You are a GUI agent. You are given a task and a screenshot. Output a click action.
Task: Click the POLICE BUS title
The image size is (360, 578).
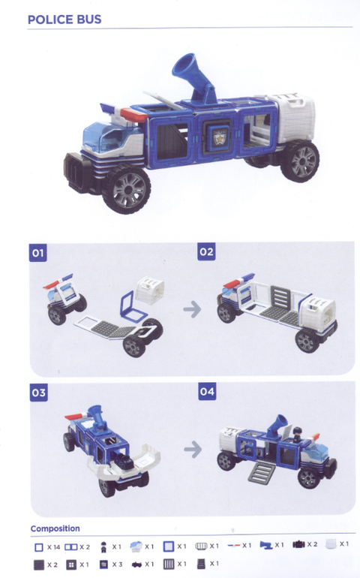(64, 20)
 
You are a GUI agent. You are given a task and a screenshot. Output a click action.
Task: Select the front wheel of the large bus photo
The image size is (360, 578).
(126, 189)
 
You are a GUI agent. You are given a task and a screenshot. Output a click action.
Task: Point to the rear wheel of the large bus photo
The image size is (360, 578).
(299, 161)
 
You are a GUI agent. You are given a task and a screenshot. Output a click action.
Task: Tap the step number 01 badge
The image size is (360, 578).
(38, 252)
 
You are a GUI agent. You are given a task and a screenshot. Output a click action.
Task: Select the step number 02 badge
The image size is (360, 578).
(206, 251)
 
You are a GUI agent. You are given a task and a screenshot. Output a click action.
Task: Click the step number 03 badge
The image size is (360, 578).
(39, 393)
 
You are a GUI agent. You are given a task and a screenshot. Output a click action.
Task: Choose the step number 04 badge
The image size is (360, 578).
(207, 392)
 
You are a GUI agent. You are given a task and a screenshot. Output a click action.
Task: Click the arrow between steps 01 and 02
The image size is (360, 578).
(192, 309)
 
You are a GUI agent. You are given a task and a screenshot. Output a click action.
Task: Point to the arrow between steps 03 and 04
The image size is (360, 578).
(193, 450)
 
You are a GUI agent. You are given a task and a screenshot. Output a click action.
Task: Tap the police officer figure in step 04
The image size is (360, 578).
(297, 435)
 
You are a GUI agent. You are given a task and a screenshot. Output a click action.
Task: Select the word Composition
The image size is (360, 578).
(55, 528)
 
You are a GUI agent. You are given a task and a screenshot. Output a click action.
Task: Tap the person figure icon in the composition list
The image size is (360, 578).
(103, 547)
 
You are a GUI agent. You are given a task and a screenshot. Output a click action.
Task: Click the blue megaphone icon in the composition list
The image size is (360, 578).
(266, 545)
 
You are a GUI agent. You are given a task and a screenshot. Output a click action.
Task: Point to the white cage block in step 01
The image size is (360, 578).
(150, 291)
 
